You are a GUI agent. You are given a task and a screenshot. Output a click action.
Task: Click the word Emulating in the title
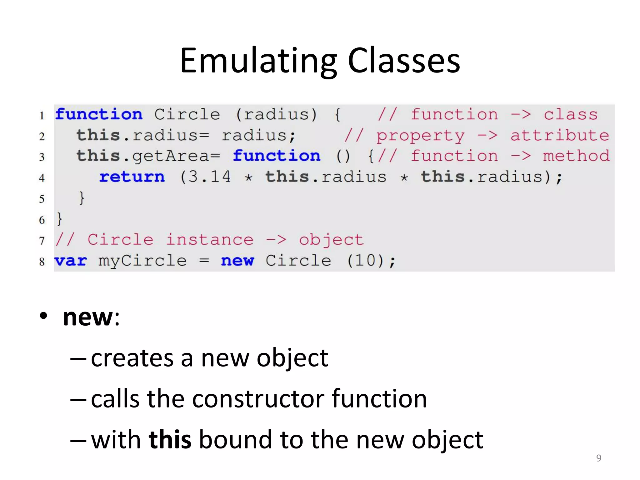point(258,61)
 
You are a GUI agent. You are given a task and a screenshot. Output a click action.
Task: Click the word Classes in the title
point(404,61)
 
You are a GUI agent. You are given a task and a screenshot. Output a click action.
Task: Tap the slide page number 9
point(598,458)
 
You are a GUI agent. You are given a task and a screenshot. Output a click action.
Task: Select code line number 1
point(42,116)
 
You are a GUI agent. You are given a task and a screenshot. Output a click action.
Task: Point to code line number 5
point(42,199)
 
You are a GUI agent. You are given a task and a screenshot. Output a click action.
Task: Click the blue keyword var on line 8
point(71,261)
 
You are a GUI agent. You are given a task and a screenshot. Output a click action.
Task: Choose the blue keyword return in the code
point(132,177)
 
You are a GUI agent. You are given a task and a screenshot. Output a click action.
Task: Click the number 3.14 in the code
point(205,177)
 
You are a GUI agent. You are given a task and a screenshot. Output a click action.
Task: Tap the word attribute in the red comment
point(559,136)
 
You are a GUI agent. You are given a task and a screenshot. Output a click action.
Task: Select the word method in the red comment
point(576,156)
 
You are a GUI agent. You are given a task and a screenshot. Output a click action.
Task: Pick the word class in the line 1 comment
point(570,114)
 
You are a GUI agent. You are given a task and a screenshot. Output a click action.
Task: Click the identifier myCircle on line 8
point(142,261)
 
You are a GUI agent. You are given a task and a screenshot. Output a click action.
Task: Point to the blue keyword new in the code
point(237,261)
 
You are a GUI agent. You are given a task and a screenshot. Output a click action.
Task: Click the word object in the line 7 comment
point(331,240)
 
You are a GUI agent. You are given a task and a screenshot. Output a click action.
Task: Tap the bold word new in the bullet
point(88,317)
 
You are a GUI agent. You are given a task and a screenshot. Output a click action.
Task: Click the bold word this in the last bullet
point(170,439)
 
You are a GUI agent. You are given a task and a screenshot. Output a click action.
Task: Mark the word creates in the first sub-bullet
point(132,358)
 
